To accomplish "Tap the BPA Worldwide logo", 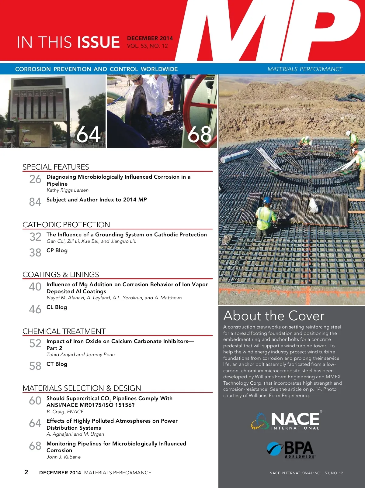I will coord(290,449).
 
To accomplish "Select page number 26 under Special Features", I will coord(35,179).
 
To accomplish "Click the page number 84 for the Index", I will coord(35,202).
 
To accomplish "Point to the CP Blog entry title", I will coord(57,250).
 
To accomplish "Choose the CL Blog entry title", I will coord(57,307).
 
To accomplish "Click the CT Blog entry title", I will coord(57,364).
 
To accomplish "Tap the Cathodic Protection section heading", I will coord(66,225).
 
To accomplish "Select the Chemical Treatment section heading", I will coord(64,331).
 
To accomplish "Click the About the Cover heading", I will coord(274,316).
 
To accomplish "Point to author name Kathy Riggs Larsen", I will coord(68,190).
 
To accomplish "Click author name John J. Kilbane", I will coord(64,457).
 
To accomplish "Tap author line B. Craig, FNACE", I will coord(65,412).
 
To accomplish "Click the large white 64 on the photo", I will coord(88,134).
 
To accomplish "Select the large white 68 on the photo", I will coord(200,134).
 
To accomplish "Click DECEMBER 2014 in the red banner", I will coord(150,38).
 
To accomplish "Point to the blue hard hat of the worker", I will coord(267,200).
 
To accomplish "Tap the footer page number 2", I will coord(26,472).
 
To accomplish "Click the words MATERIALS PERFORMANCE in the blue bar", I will coord(305,69).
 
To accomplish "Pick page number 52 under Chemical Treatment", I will coord(35,344).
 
